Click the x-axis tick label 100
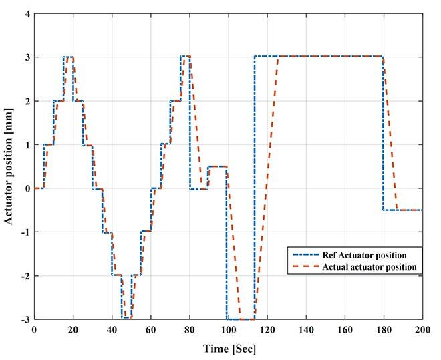coord(228,330)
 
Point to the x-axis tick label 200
coord(422,330)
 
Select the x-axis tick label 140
coord(305,330)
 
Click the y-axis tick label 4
coord(26,14)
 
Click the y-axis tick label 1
coord(26,145)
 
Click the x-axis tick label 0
coord(34,330)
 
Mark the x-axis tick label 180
coord(384,330)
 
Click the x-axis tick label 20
coord(73,330)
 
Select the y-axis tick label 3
coord(26,57)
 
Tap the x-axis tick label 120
coord(267,330)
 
